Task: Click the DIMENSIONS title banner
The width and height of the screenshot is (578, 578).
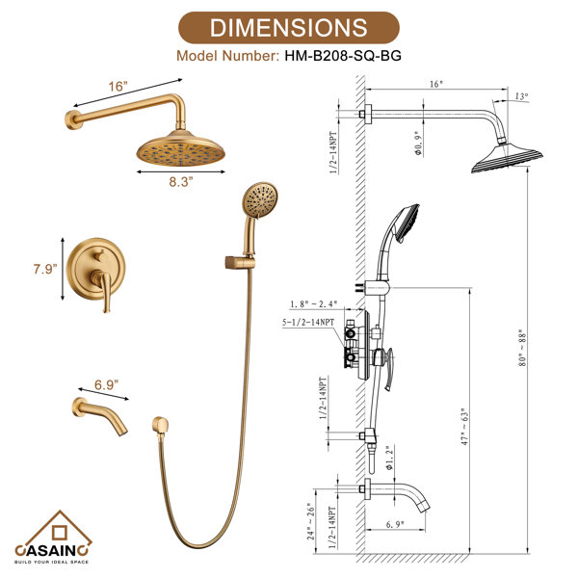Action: coord(289,28)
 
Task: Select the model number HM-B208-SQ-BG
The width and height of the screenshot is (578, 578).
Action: coord(343,56)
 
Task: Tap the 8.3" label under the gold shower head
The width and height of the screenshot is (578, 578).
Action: coord(181,182)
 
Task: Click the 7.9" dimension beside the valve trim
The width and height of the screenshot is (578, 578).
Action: coord(45,269)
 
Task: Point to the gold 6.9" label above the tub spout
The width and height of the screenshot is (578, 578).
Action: coord(107,384)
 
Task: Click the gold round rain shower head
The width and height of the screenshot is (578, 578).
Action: coord(181,148)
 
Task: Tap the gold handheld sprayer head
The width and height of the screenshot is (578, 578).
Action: coord(260,201)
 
